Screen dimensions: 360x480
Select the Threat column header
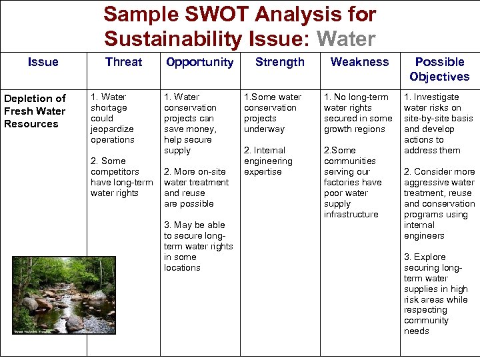123,62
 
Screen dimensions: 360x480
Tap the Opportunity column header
199,62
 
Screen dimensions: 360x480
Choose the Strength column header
279,62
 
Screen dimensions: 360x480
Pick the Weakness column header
359,62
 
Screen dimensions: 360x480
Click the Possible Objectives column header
439,69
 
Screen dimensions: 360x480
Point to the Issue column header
43,62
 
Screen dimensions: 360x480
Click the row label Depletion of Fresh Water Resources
35,111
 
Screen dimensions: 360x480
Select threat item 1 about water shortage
113,118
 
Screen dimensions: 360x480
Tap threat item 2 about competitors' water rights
121,177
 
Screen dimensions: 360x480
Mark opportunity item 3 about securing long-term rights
198,246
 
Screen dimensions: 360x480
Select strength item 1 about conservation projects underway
272,113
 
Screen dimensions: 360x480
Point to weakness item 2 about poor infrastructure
353,182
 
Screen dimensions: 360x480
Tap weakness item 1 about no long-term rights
357,113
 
